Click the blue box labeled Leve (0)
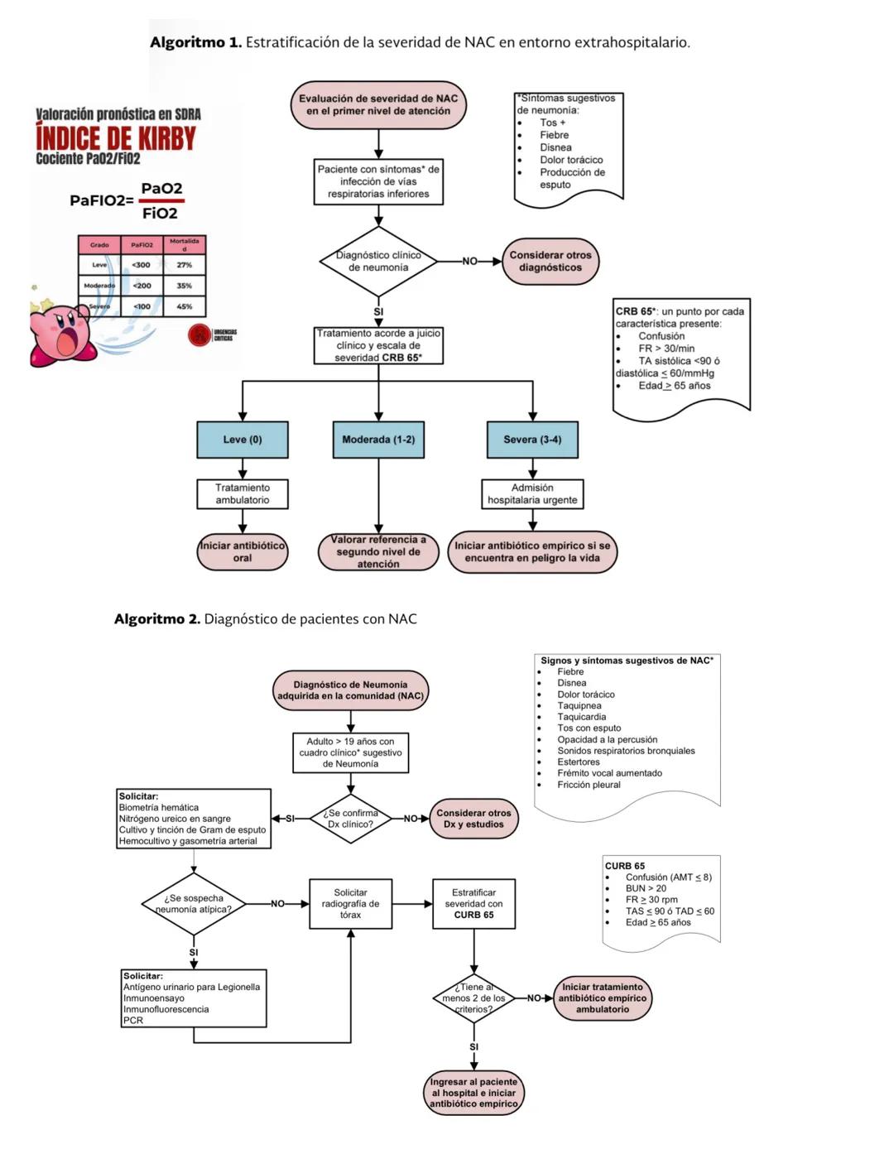click(x=243, y=440)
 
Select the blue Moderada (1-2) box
click(x=378, y=440)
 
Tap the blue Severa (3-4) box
click(x=532, y=440)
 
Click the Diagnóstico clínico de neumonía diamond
click(x=378, y=262)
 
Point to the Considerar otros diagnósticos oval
click(x=550, y=262)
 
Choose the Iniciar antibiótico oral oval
click(x=243, y=552)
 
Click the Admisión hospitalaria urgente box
click(x=532, y=494)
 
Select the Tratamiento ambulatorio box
click(x=243, y=494)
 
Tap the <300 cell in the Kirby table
click(x=142, y=265)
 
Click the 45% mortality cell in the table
click(x=184, y=306)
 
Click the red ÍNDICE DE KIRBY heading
click(x=116, y=137)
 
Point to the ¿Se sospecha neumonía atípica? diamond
click(x=194, y=904)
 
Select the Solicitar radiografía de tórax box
click(x=350, y=904)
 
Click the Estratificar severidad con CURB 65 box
click(x=473, y=904)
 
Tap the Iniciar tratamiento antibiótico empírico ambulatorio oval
click(x=602, y=998)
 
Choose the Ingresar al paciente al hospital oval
click(x=473, y=1093)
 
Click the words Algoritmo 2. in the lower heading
click(x=157, y=619)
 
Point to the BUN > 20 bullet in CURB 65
click(x=646, y=888)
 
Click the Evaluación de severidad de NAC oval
click(x=378, y=105)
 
